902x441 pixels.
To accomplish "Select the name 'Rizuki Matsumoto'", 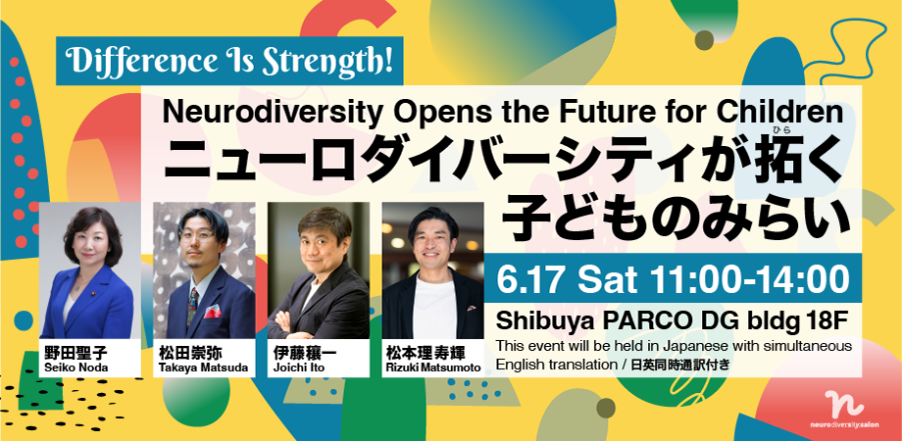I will (x=431, y=367).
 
